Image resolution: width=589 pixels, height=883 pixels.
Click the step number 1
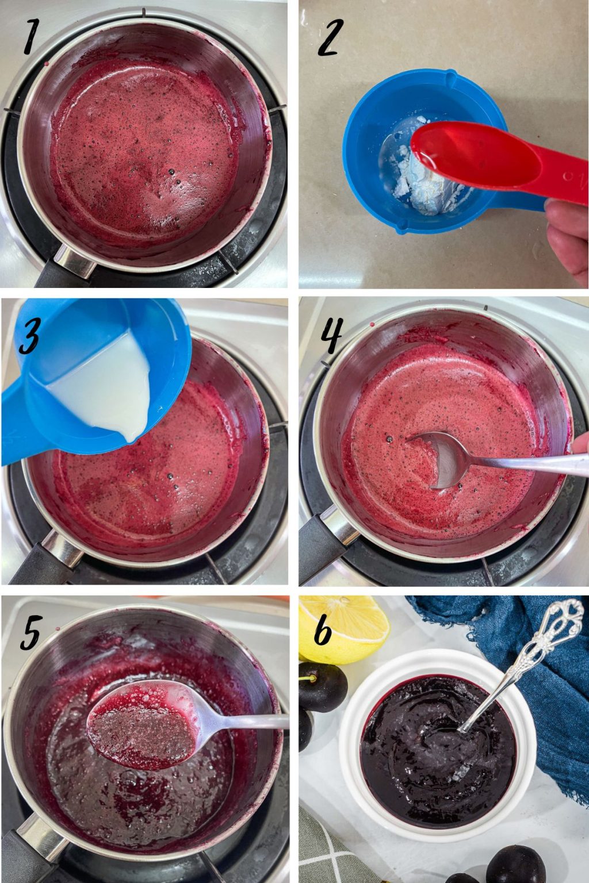(x=30, y=36)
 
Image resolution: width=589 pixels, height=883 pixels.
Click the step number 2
(x=331, y=36)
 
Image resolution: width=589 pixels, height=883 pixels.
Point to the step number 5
(x=30, y=632)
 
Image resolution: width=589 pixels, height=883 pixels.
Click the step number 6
(x=323, y=632)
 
